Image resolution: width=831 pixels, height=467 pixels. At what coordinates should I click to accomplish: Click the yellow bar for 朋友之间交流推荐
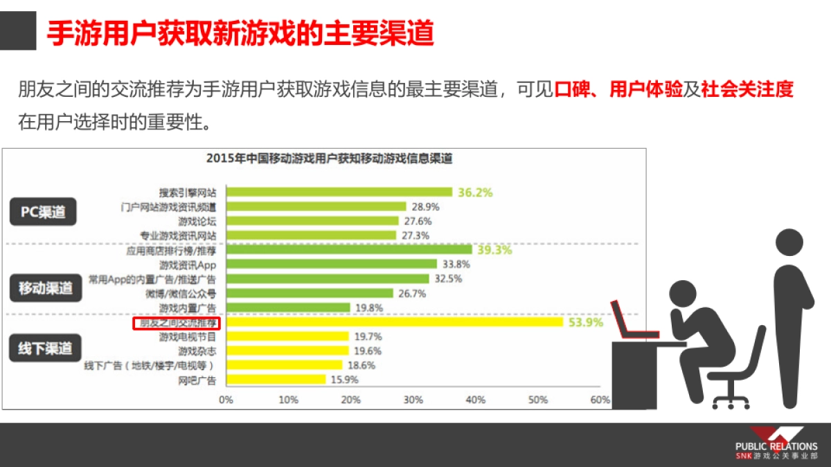(395, 322)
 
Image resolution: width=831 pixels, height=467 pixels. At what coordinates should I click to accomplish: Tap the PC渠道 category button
(43, 212)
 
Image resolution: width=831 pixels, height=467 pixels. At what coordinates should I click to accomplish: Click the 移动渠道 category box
(45, 289)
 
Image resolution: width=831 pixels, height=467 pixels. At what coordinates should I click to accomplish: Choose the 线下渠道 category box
(45, 349)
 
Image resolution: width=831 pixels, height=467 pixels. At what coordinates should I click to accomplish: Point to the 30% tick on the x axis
(413, 400)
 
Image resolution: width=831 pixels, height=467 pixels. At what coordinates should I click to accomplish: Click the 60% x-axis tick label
(600, 400)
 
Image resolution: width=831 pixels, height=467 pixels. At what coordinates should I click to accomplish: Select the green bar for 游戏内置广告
(288, 307)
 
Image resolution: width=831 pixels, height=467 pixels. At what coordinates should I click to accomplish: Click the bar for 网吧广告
(276, 379)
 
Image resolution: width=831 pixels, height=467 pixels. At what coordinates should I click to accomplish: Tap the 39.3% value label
(494, 250)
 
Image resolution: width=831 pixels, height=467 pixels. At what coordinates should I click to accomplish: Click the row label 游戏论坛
(197, 221)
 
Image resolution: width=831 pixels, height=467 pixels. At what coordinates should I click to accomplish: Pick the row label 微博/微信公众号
(183, 293)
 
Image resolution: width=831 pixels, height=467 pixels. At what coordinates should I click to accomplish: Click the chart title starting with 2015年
(329, 158)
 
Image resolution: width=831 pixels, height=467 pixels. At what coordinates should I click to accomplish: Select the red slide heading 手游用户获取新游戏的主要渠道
(240, 33)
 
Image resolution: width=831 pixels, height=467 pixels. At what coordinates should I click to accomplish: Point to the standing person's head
(791, 241)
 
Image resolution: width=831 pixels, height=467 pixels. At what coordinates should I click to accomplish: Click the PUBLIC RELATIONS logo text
(776, 446)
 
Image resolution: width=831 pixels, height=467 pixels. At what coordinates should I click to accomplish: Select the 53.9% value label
(586, 322)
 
